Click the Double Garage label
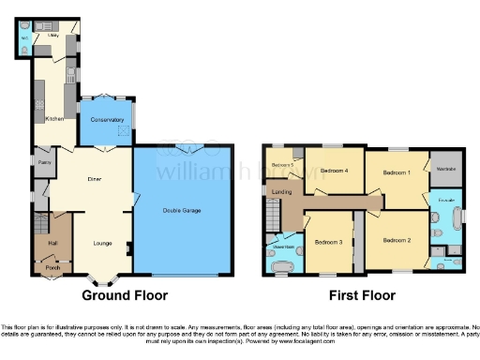[184, 209]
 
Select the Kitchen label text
[54, 119]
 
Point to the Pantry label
[43, 161]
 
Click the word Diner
[94, 178]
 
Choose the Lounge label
[102, 243]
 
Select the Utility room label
[53, 35]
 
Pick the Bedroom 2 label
[397, 241]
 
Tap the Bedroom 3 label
[327, 242]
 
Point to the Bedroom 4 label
[334, 171]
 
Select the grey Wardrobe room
[445, 169]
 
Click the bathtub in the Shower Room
[278, 265]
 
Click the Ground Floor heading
[125, 294]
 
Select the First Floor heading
[358, 294]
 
